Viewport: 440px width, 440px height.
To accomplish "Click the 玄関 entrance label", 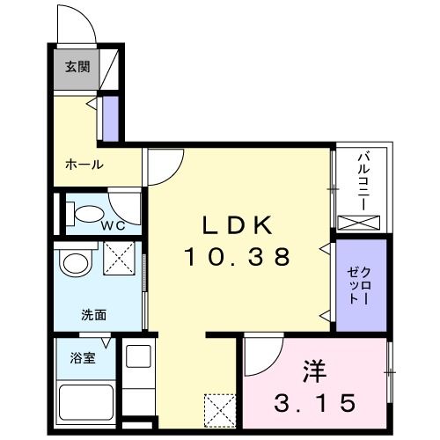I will tap(77, 67).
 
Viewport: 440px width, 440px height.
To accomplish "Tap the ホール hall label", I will tap(84, 164).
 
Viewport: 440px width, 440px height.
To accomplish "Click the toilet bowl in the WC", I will tap(83, 212).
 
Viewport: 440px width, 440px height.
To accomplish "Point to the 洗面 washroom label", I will tap(94, 314).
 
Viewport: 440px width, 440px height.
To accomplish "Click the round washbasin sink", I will tap(77, 263).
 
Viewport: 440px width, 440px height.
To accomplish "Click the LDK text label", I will tap(236, 225).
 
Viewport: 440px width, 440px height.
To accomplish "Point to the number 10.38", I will tap(236, 257).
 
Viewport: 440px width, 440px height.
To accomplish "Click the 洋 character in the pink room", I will tap(315, 369).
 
